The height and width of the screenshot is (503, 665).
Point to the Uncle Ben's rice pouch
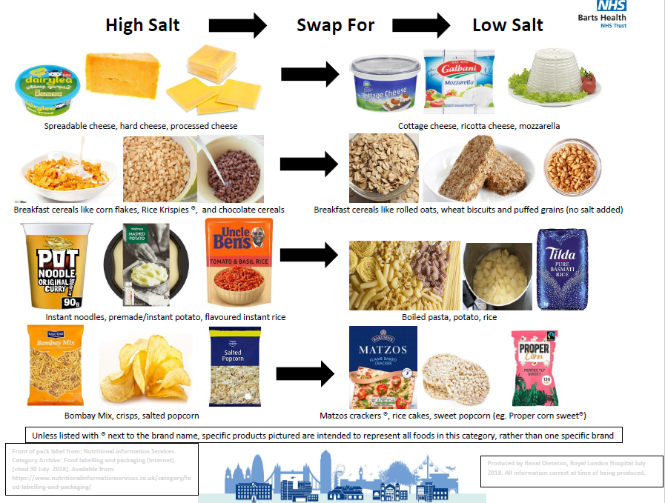238,264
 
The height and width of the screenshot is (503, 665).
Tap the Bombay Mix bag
53,364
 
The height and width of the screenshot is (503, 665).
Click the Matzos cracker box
380,367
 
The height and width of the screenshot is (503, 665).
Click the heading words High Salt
142,25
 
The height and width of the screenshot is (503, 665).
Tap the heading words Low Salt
508,25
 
